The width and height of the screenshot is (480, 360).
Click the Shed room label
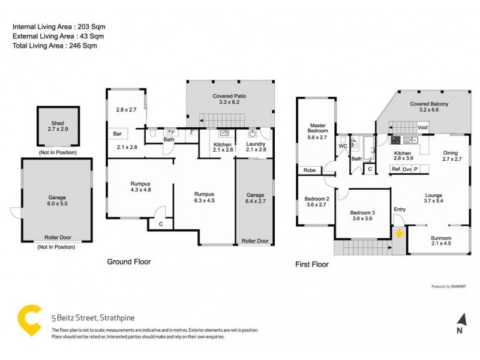click(58, 124)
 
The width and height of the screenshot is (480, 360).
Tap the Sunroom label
click(441, 239)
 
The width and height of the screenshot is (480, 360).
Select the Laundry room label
click(255, 143)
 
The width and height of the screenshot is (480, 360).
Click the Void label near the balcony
click(422, 127)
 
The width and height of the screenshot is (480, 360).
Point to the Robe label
click(310, 170)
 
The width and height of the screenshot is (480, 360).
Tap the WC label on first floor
click(343, 146)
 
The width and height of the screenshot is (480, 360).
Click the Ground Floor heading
click(128, 262)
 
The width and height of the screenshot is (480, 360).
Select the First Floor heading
click(311, 264)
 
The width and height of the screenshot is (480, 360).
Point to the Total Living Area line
click(55, 46)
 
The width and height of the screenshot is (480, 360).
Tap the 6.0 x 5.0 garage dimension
click(58, 203)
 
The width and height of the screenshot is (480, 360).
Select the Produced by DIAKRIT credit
click(449, 286)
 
